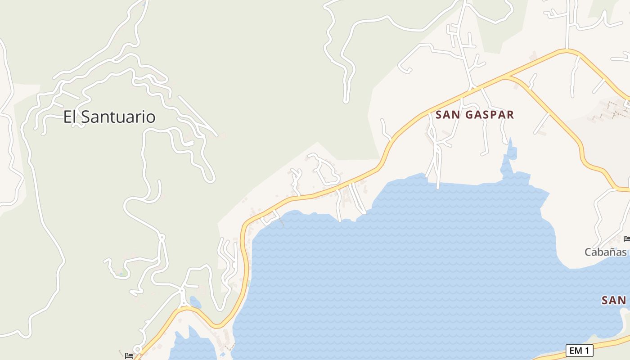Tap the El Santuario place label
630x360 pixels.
109,117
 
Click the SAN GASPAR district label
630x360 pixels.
475,115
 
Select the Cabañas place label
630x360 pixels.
605,252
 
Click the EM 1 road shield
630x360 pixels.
579,350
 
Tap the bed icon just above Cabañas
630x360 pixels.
626,238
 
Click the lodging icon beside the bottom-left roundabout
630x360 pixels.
129,355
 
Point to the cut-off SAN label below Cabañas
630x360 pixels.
614,300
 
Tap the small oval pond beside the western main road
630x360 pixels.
195,302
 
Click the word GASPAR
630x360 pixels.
489,115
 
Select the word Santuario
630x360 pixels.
119,117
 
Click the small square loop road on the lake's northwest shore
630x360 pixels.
269,217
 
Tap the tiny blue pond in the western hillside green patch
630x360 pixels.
121,273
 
